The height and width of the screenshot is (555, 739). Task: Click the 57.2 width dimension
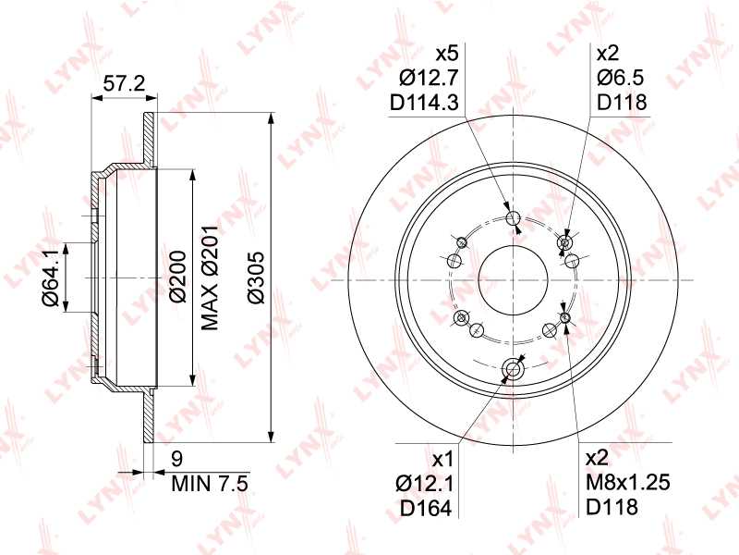click(123, 84)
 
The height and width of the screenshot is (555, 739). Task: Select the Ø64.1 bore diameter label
click(51, 277)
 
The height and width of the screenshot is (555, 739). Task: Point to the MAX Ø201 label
click(210, 277)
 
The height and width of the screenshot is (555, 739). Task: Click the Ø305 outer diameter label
click(257, 277)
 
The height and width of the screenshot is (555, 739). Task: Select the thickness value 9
click(177, 457)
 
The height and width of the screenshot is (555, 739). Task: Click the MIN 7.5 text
click(210, 481)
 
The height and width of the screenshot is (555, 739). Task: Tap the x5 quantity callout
click(447, 53)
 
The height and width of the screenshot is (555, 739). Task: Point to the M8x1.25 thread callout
click(627, 482)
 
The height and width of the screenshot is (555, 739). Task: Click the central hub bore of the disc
click(513, 278)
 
